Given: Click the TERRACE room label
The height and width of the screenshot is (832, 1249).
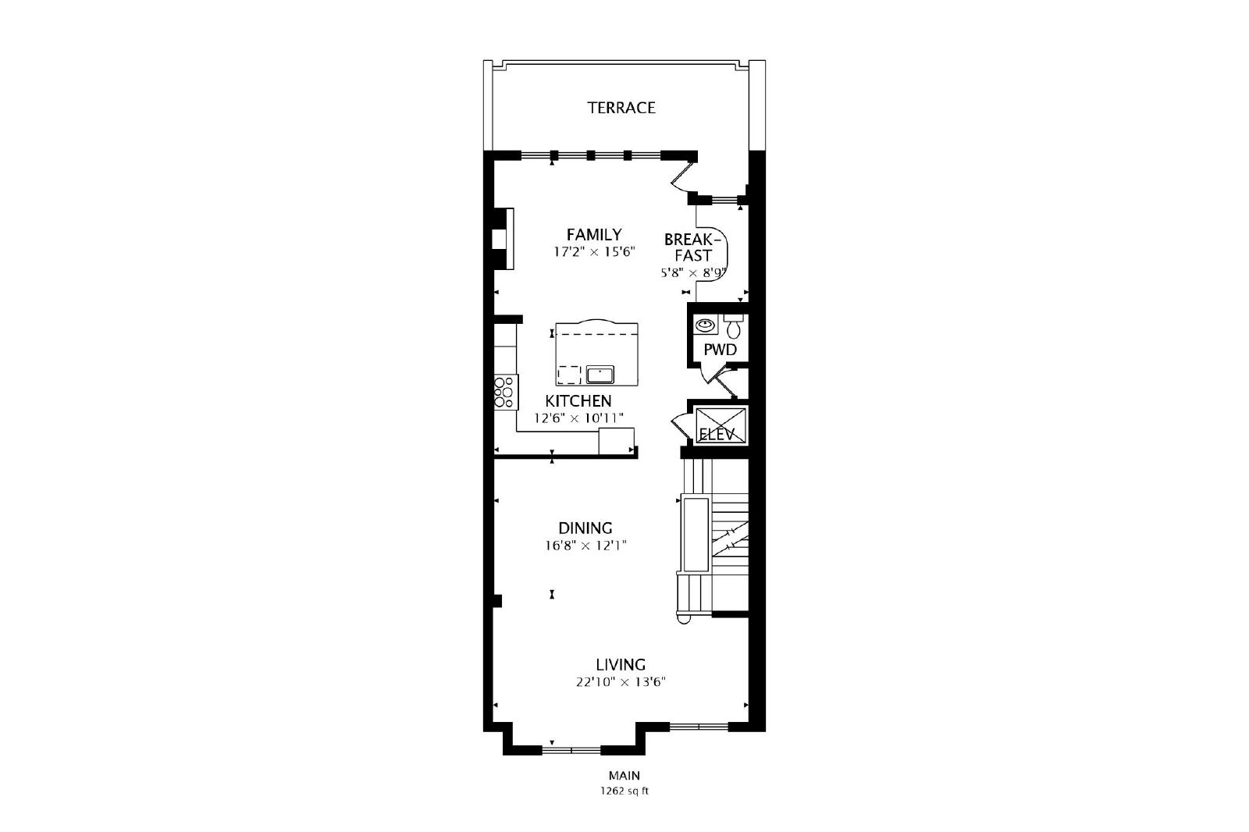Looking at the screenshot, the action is point(621,108).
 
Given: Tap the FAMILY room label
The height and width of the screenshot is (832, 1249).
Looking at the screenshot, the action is point(594,234).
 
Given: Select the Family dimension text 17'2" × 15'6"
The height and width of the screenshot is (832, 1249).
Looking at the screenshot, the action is point(594,252).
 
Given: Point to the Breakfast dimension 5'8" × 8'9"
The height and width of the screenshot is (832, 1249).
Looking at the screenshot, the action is point(694,273).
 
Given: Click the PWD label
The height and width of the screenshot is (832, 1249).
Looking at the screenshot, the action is point(720,350).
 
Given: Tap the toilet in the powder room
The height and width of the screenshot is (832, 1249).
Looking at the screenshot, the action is point(734,326).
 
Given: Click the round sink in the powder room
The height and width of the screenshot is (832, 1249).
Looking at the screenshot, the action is point(706,324).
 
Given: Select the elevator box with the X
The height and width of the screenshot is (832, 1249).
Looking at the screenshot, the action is point(721,425).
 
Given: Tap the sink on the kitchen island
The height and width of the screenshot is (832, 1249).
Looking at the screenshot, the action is point(600,375).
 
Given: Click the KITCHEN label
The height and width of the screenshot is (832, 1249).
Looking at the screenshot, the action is point(578,401).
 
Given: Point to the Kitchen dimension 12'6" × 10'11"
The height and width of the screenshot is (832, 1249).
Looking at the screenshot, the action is point(578,418).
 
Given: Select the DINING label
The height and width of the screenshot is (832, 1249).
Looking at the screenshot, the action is point(585,528).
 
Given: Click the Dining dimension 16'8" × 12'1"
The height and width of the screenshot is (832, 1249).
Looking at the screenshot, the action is point(585,546).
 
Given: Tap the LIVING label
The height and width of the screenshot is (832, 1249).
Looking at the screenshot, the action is point(621,665).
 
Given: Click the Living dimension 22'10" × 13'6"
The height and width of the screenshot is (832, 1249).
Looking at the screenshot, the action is point(621,682).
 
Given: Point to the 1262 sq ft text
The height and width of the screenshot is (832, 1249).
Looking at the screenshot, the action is point(624,791).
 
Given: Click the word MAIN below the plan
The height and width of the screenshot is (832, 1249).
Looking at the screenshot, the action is point(624,776).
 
